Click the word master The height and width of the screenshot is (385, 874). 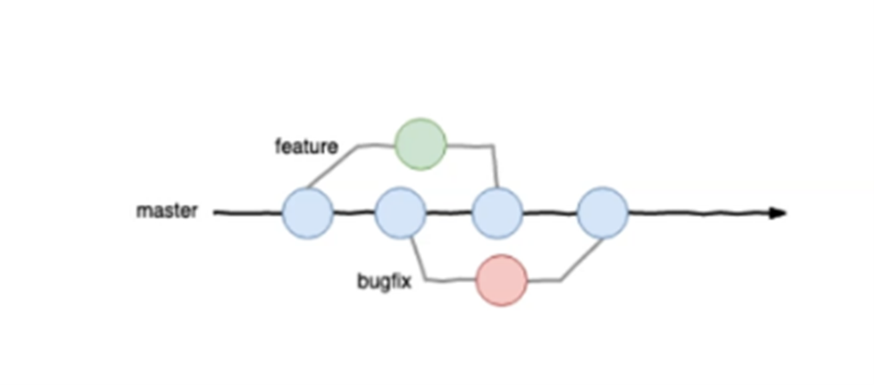pyautogui.click(x=166, y=213)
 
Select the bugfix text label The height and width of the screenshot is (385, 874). pyautogui.click(x=385, y=283)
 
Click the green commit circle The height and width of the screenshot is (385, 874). pyautogui.click(x=420, y=144)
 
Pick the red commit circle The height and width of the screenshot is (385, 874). pyautogui.click(x=502, y=280)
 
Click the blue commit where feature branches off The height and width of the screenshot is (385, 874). pyautogui.click(x=308, y=213)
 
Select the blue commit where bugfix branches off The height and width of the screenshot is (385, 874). pyautogui.click(x=400, y=213)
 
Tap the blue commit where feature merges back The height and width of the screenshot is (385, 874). pyautogui.click(x=496, y=213)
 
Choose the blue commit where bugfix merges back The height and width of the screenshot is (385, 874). pyautogui.click(x=603, y=213)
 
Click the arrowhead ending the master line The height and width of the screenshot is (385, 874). pyautogui.click(x=778, y=213)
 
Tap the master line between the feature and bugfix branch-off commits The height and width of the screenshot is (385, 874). pyautogui.click(x=354, y=213)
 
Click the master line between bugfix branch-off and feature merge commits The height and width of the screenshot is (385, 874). pyautogui.click(x=448, y=213)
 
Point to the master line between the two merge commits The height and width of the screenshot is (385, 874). pyautogui.click(x=549, y=213)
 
